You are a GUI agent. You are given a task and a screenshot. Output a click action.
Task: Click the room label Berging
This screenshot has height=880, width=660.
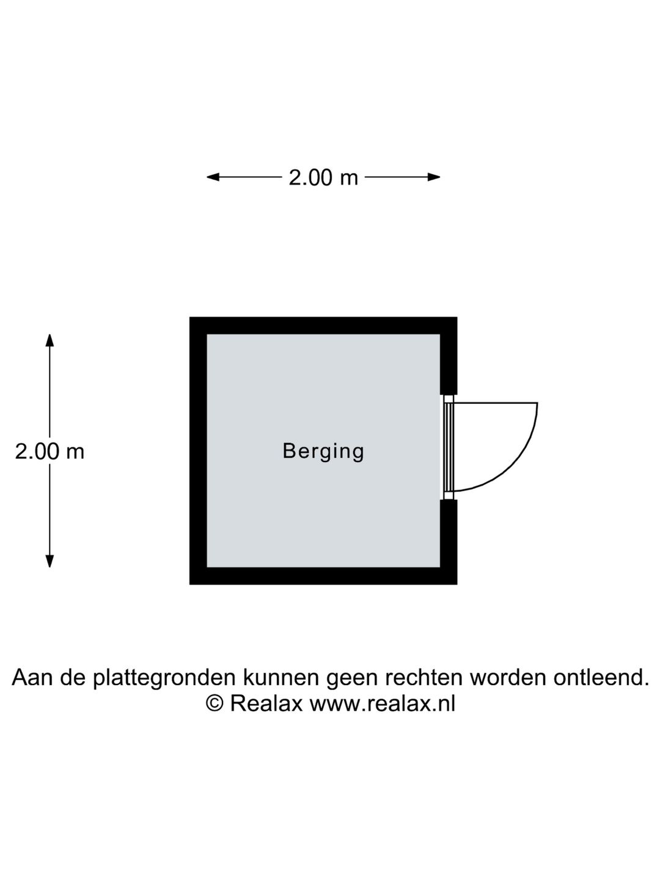323,452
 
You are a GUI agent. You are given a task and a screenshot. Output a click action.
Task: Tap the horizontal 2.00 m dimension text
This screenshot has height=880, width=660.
323,178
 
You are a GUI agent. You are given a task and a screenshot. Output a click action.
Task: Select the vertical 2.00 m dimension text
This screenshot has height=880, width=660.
50,452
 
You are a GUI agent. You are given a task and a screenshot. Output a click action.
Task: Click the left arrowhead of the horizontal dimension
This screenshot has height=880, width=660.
213,177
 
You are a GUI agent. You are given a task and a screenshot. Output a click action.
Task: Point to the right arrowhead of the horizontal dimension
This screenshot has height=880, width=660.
434,177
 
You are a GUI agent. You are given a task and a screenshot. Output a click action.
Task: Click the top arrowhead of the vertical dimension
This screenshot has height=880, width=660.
50,340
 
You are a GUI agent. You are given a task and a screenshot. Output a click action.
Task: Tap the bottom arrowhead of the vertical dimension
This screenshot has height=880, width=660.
50,561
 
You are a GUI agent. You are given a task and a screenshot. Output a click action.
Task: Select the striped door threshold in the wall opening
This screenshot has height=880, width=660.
449,447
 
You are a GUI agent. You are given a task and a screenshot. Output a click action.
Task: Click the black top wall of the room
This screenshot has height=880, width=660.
323,325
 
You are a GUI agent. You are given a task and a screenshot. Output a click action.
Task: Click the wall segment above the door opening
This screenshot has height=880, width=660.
449,356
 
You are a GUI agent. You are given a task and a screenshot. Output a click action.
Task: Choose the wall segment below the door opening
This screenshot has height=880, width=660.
449,542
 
